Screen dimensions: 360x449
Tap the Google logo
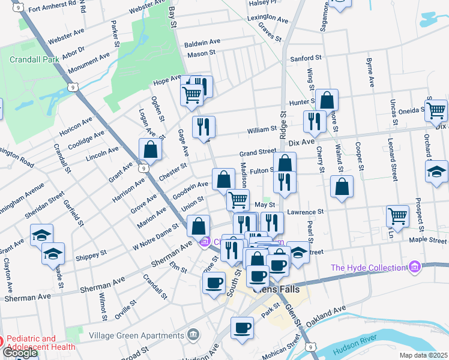point(19,353)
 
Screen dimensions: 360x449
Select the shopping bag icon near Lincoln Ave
point(150,150)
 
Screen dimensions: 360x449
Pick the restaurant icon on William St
point(203,127)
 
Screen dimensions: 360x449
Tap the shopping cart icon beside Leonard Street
point(397,216)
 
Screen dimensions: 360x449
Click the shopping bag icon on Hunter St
point(328,100)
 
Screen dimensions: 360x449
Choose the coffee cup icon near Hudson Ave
point(243,328)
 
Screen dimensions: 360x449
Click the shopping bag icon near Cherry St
point(342,187)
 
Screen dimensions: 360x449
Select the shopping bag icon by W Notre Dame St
point(198,227)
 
